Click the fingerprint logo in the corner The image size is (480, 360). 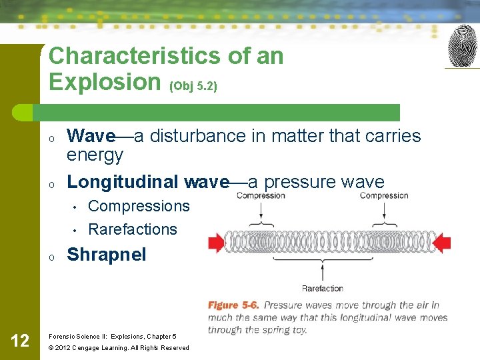[x=463, y=46]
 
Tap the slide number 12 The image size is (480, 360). [x=20, y=341]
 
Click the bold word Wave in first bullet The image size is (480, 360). [x=91, y=136]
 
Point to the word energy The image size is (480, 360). [x=95, y=155]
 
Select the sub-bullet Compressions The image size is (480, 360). [x=139, y=206]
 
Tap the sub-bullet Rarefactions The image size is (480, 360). [x=133, y=229]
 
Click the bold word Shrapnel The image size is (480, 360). [x=106, y=255]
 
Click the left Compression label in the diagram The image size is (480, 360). [x=261, y=195]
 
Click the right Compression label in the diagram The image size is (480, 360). [x=384, y=195]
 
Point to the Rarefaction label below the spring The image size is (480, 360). [x=323, y=288]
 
